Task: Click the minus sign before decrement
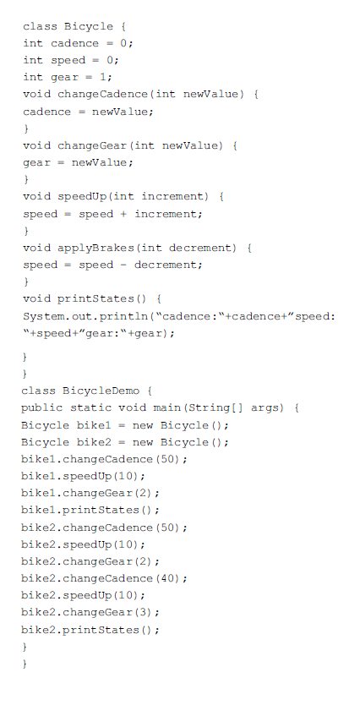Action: click(x=123, y=265)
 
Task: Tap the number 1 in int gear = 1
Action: click(x=103, y=77)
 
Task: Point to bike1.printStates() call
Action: click(x=90, y=511)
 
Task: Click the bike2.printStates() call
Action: click(x=90, y=630)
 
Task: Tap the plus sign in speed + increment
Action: click(x=123, y=214)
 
